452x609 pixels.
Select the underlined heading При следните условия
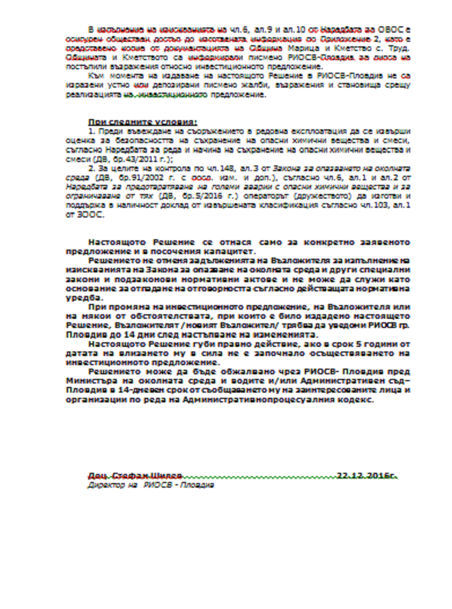click(x=142, y=122)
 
